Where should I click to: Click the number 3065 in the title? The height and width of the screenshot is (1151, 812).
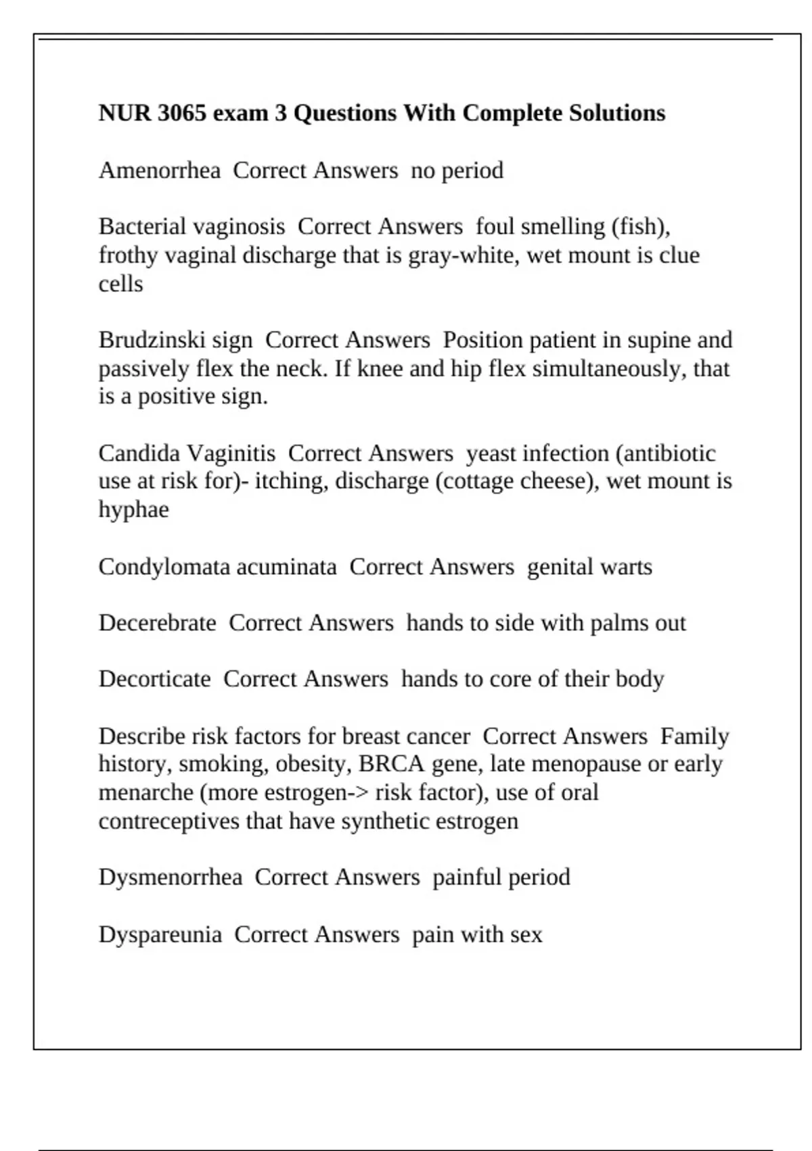(181, 112)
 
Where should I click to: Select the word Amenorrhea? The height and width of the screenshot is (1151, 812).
(160, 170)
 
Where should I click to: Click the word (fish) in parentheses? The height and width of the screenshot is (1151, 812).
(641, 226)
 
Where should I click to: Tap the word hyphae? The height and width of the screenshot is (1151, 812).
(133, 509)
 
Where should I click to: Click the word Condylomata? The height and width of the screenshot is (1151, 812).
(166, 566)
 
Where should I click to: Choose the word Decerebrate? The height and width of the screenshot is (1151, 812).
(157, 622)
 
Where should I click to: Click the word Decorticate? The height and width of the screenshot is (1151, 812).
(154, 678)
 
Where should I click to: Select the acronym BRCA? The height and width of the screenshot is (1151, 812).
(391, 764)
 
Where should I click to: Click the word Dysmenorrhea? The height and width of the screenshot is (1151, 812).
(170, 877)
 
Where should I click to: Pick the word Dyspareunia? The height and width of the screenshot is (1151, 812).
(160, 934)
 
